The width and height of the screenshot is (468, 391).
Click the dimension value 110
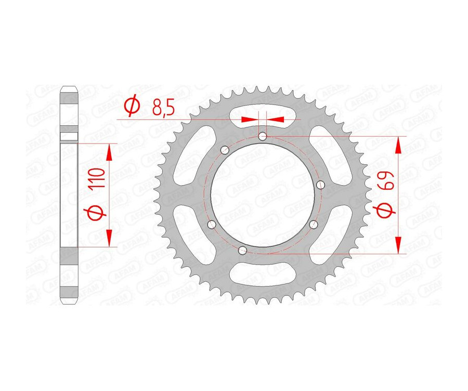click(x=99, y=178)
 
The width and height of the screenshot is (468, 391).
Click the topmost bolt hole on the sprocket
click(x=263, y=137)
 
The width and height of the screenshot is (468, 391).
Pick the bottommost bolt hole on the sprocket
click(x=241, y=251)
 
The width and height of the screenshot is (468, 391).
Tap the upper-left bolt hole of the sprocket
click(x=225, y=151)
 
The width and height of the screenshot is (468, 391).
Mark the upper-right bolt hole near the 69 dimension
click(x=320, y=185)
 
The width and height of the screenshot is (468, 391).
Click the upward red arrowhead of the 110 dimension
click(x=109, y=152)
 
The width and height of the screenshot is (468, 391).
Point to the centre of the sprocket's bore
click(x=264, y=194)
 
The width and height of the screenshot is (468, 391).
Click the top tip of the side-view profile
click(x=70, y=86)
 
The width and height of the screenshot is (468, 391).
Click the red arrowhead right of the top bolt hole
click(x=277, y=119)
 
